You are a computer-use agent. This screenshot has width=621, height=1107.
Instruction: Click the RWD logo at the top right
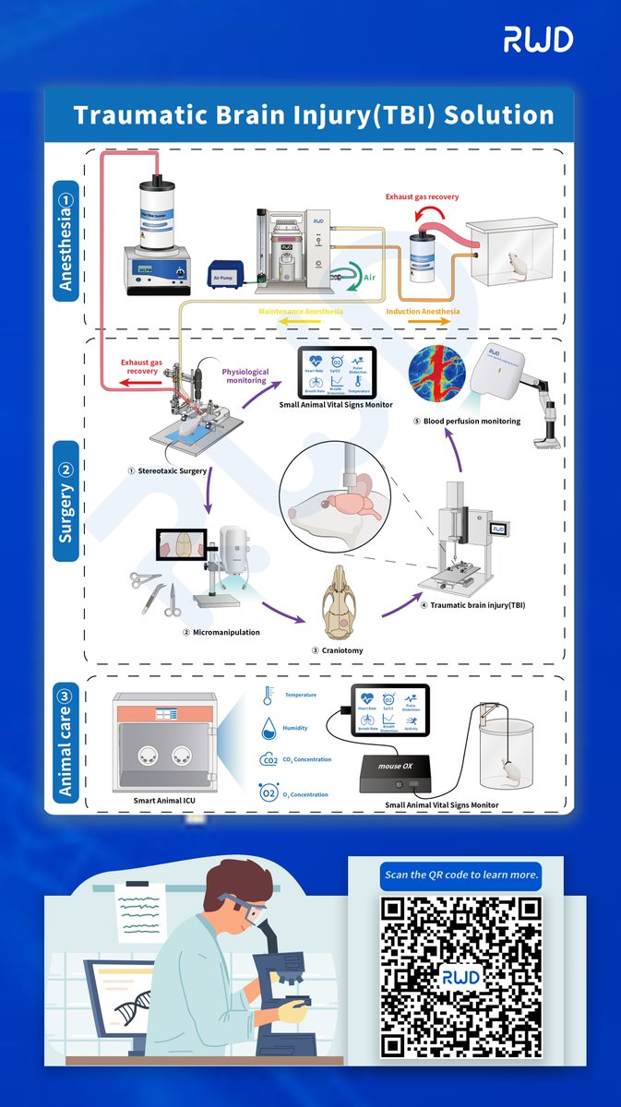pos(538,39)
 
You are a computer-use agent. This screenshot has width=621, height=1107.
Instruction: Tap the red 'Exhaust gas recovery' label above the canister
pos(422,196)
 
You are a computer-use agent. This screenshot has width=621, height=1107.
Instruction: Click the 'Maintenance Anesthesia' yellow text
pos(301,312)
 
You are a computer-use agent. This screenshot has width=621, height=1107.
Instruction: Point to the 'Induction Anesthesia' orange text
pos(423,312)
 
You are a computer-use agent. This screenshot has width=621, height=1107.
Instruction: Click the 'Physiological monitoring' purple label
pos(245,377)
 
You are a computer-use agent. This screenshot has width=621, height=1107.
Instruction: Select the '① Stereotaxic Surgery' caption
pos(170,470)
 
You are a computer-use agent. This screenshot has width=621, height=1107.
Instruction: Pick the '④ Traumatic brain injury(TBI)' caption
pos(466,605)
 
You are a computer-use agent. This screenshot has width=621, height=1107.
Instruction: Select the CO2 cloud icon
pos(269,760)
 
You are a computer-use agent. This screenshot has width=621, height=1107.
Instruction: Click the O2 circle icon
pos(269,792)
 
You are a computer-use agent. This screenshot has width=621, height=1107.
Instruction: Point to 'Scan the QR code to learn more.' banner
pos(460,875)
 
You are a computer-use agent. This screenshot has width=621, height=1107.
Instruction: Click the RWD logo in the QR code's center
pos(460,976)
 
